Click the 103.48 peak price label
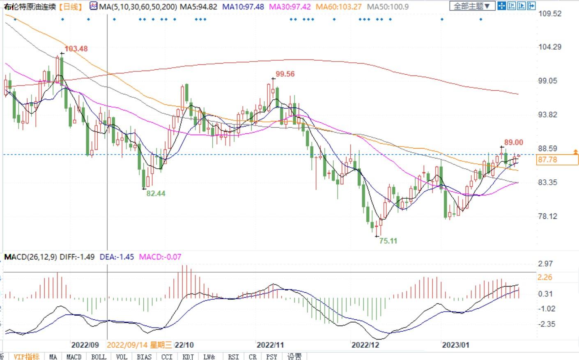click(76, 48)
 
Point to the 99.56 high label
click(285, 74)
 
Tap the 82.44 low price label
click(156, 193)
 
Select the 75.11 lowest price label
click(388, 241)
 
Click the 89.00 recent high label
click(513, 142)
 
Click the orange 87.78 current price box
click(557, 159)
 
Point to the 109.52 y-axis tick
click(549, 14)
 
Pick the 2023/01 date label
click(455, 345)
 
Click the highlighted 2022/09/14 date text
click(139, 345)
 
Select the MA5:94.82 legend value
click(199, 7)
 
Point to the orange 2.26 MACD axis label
click(545, 277)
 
